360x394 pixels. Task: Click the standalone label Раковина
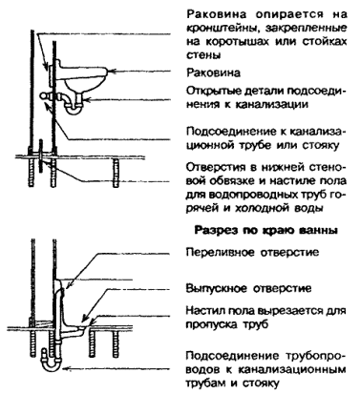click(x=213, y=73)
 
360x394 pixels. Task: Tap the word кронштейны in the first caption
click(x=220, y=28)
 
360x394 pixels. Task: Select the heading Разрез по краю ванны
click(x=265, y=231)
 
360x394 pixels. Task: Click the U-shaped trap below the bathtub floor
click(x=51, y=366)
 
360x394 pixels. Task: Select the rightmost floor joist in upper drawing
click(x=116, y=173)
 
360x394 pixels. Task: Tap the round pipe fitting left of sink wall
click(x=45, y=95)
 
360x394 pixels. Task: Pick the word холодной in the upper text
click(x=262, y=209)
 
